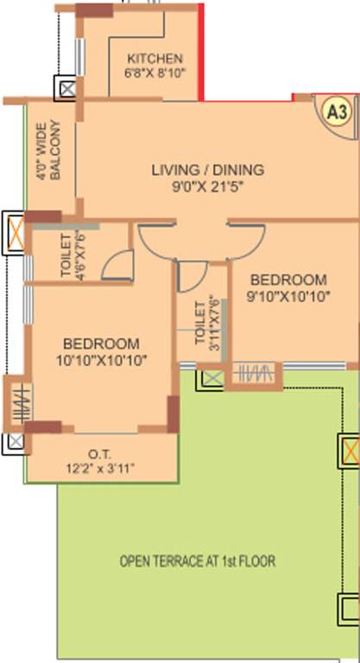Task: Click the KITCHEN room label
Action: (x=155, y=59)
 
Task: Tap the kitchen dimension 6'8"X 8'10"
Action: (x=155, y=73)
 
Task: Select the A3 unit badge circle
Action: (x=338, y=112)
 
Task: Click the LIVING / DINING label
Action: (x=208, y=170)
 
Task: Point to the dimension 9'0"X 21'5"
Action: (x=208, y=186)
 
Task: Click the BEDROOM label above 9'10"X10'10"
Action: (x=288, y=280)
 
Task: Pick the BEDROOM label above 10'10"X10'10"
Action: (x=101, y=343)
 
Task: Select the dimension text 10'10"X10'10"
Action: (x=101, y=360)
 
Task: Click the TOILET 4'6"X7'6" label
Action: (x=72, y=256)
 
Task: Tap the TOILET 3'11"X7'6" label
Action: (x=207, y=325)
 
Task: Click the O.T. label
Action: (x=100, y=455)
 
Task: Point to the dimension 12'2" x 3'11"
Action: (x=100, y=469)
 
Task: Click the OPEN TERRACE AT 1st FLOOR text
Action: (x=198, y=561)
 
